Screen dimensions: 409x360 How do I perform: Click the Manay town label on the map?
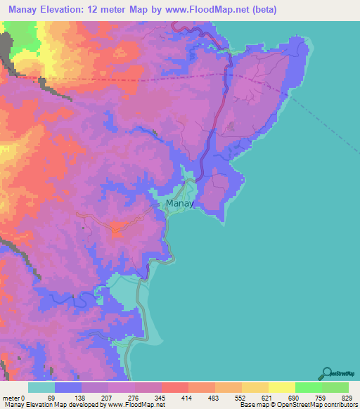pos(180,204)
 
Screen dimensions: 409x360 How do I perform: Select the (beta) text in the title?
pos(262,10)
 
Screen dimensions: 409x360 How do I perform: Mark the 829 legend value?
pos(347,398)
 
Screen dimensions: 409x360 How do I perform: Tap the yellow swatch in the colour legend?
pos(281,387)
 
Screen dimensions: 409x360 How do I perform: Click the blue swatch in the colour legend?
pos(68,387)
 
